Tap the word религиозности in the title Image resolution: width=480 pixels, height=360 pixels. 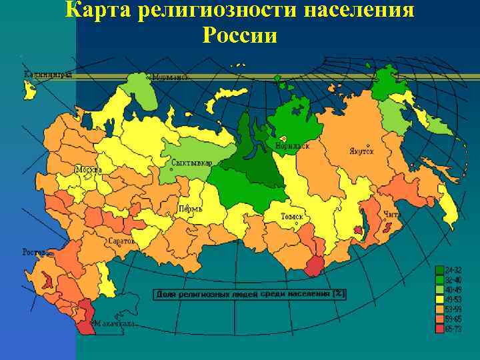[x=212, y=11]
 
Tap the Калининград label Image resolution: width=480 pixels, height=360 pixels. [x=47, y=75]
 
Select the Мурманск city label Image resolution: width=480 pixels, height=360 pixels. [x=170, y=77]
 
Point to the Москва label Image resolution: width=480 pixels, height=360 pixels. [x=88, y=169]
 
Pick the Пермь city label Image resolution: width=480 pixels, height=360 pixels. [x=190, y=208]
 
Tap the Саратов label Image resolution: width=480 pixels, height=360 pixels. [x=121, y=240]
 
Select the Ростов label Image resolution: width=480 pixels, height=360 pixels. [x=35, y=253]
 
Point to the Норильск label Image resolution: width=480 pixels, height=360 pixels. [x=292, y=145]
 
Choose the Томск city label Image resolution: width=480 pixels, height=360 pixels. [x=292, y=217]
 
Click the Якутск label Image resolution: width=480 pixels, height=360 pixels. [x=361, y=151]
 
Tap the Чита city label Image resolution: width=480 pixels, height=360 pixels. [x=392, y=214]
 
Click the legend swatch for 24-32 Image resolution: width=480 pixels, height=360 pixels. [x=439, y=271]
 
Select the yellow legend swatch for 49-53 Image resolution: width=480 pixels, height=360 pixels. [x=439, y=299]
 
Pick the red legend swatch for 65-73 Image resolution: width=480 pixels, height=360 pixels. [x=439, y=329]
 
